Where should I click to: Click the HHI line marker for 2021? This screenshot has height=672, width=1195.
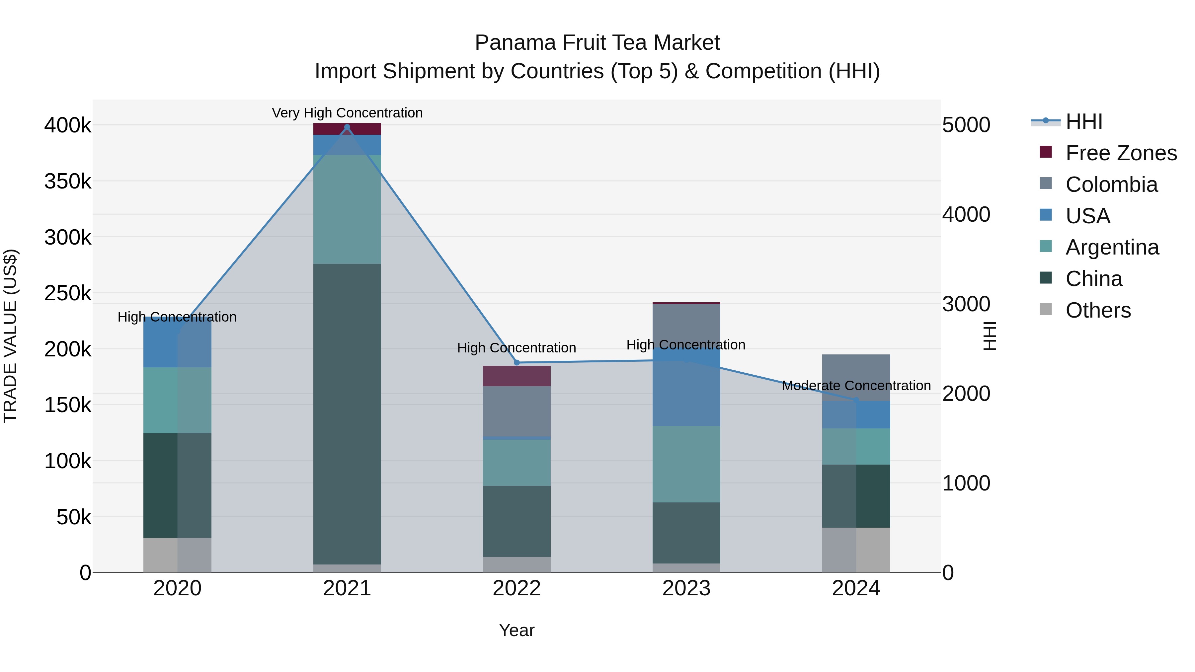(x=347, y=127)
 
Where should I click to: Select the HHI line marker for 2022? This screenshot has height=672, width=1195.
(x=517, y=363)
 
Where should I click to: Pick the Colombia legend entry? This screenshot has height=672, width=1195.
(x=1111, y=185)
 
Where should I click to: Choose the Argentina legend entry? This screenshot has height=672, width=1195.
(x=1112, y=247)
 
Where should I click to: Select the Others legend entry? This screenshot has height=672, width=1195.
(x=1098, y=310)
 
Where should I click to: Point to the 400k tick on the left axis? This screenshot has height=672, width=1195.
(x=68, y=125)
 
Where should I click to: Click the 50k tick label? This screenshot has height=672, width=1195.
(x=74, y=517)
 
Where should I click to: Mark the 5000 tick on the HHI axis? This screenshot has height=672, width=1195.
(x=966, y=125)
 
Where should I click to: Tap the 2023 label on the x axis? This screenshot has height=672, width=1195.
(x=686, y=588)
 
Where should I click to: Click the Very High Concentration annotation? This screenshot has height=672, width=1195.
(x=347, y=113)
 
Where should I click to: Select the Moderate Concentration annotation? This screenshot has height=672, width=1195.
(x=856, y=386)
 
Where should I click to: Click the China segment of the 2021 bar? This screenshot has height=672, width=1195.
(x=347, y=413)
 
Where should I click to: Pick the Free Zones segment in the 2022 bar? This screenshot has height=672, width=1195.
(x=517, y=376)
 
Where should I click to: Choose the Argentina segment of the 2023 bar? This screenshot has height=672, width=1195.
(x=686, y=464)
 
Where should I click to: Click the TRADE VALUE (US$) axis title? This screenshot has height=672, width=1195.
(x=11, y=336)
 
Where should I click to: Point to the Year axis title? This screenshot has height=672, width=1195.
(x=516, y=630)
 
